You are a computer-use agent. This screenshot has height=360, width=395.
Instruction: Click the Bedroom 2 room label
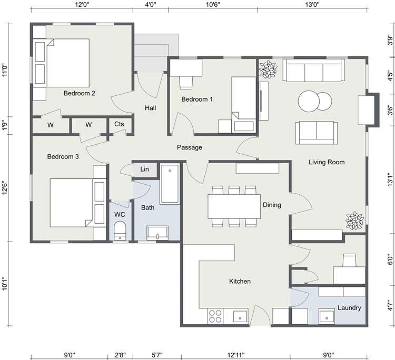(x=79, y=94)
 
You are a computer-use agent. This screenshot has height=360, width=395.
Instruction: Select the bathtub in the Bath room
(x=170, y=184)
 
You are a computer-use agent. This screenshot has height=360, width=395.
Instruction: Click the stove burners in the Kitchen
(x=215, y=316)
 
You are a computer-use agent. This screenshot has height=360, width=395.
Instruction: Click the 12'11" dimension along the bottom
(x=236, y=355)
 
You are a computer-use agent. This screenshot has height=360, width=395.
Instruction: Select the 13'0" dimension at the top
(x=312, y=5)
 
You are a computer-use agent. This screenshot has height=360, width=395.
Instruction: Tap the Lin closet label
(x=144, y=169)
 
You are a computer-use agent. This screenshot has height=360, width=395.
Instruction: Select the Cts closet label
(x=119, y=125)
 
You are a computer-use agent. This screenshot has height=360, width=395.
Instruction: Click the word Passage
(x=189, y=147)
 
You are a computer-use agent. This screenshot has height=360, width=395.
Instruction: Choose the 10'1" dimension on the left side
(x=5, y=284)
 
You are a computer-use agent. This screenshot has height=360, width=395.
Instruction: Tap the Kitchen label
(x=240, y=282)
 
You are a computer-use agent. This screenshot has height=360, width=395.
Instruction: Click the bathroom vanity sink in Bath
(x=157, y=233)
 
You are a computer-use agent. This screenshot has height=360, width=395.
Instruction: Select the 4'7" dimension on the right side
(x=390, y=306)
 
